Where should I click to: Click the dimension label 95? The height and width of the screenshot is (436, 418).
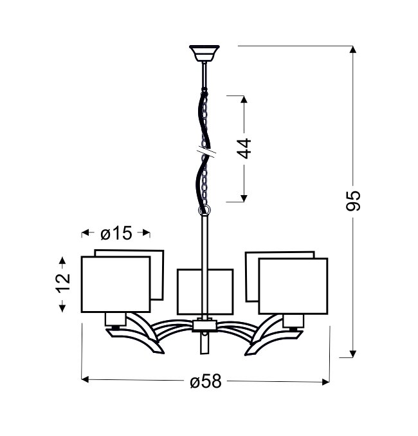(353, 201)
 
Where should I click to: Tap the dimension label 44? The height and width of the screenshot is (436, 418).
(244, 149)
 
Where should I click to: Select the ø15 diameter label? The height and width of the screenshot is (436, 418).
(116, 233)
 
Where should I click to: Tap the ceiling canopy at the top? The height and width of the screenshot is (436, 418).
(204, 53)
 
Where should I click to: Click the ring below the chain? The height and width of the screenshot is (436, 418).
(204, 210)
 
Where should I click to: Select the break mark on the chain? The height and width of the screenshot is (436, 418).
(206, 152)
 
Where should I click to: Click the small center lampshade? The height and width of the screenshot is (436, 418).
(205, 292)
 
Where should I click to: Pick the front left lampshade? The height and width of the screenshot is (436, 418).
(116, 284)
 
